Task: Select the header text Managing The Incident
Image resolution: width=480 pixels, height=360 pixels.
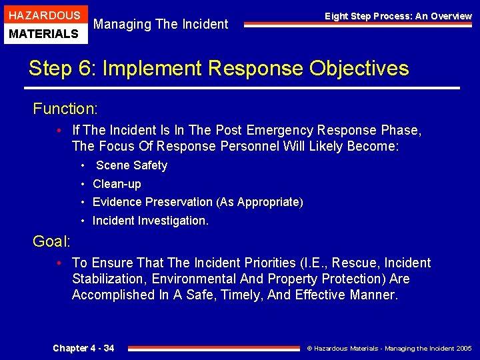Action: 161,25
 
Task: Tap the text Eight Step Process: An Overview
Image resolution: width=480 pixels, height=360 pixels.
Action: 398,16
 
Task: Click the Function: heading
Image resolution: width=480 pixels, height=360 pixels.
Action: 65,109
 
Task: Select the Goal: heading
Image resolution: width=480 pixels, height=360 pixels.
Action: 51,241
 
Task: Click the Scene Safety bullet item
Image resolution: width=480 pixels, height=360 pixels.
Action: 131,165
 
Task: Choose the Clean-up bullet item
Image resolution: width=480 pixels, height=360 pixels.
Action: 117,184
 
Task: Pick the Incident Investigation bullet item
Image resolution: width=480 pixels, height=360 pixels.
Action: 150,221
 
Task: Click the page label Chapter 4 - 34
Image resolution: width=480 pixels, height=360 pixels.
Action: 83,348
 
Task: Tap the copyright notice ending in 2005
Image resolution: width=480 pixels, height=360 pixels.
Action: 389,349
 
